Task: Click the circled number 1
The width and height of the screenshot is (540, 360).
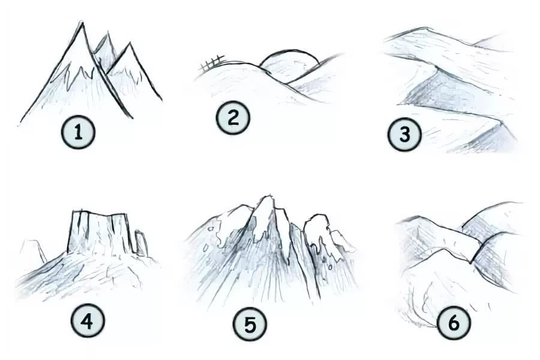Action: (x=78, y=132)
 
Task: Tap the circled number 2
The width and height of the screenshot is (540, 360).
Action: (x=233, y=118)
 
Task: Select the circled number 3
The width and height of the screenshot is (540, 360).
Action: (x=404, y=134)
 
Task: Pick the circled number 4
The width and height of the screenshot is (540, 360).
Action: (x=87, y=322)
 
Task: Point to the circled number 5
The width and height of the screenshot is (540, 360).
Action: (x=250, y=324)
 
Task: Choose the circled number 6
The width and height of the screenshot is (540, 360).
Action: (x=454, y=323)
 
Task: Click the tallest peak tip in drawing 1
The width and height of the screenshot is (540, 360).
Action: (x=82, y=23)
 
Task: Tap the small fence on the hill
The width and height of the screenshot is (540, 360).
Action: (x=212, y=63)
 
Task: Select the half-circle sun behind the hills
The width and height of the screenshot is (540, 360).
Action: (x=289, y=50)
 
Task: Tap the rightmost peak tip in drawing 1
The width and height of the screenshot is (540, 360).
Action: (x=130, y=44)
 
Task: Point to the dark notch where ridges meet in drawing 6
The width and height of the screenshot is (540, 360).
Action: (x=471, y=262)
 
